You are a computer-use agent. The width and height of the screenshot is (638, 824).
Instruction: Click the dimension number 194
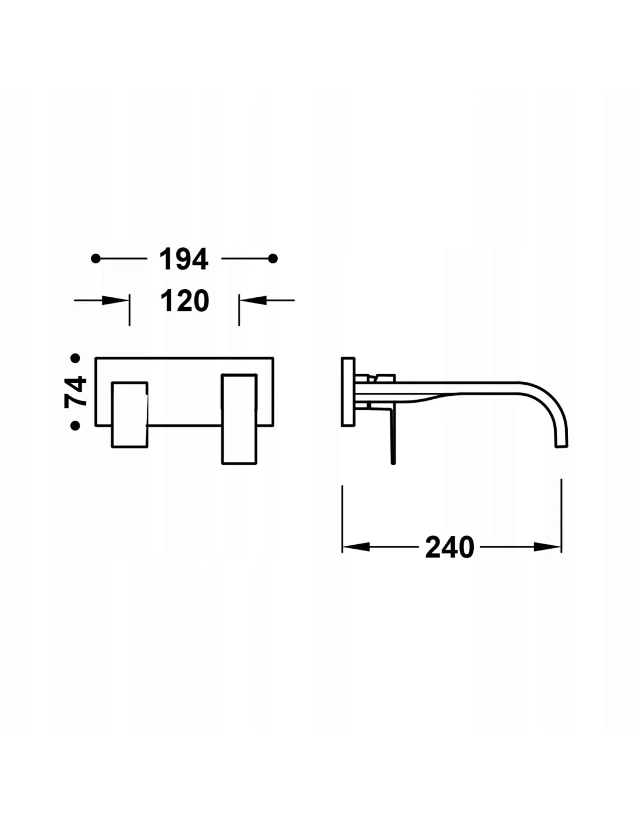pyautogui.click(x=184, y=259)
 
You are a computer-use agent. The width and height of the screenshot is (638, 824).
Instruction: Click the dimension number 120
pyautogui.click(x=185, y=301)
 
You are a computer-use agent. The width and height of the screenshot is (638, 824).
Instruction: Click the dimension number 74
pyautogui.click(x=76, y=392)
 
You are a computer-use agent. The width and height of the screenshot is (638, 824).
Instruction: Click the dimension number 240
pyautogui.click(x=449, y=548)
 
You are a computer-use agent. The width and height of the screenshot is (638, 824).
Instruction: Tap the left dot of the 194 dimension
pyautogui.click(x=96, y=258)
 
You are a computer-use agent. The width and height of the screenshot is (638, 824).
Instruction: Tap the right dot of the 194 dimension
pyautogui.click(x=273, y=258)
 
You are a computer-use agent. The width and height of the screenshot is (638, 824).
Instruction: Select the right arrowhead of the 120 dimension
pyautogui.click(x=253, y=301)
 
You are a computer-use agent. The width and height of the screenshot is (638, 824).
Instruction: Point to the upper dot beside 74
pyautogui.click(x=75, y=358)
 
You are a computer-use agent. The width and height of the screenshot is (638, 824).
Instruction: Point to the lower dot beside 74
pyautogui.click(x=75, y=426)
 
